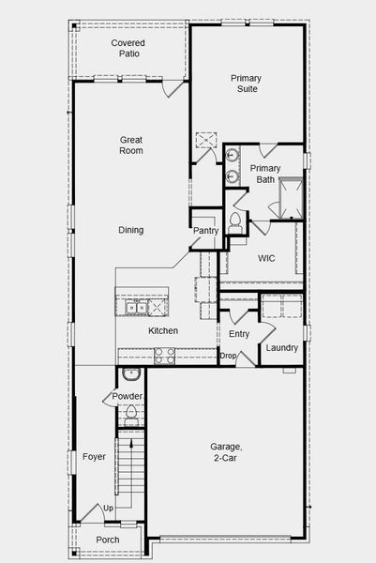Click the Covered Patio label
[128, 49]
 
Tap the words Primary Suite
[246, 84]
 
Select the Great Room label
[131, 145]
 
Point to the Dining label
[131, 230]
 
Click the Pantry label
[205, 231]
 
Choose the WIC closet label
[266, 258]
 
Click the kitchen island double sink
[135, 306]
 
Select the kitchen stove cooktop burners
[164, 356]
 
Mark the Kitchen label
[163, 331]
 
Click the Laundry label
[281, 348]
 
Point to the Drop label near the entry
[228, 356]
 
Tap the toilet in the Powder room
[131, 413]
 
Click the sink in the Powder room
[131, 374]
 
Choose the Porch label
[108, 540]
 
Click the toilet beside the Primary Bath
[235, 222]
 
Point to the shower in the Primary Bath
[290, 197]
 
